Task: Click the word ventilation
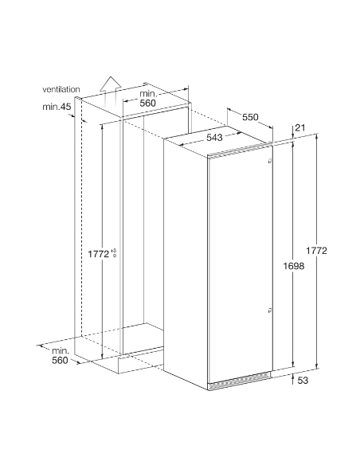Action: pos(61,89)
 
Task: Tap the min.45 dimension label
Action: pos(57,107)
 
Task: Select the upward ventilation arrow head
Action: pos(111,83)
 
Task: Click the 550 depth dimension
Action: pos(250,117)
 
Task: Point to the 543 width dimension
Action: pos(214,137)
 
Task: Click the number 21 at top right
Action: pos(300,128)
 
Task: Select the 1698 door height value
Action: pos(294,266)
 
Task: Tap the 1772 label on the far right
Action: pos(316,251)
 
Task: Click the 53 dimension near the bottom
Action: pos(303,380)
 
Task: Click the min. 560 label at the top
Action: pos(148,99)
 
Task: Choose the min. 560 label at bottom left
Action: pos(60,356)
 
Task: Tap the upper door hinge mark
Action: pos(269,161)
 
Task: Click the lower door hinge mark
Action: pos(269,311)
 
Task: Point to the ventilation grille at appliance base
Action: pos(240,382)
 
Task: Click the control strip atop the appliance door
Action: pos(240,152)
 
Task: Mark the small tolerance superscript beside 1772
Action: pos(114,253)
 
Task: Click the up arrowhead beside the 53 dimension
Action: pos(292,376)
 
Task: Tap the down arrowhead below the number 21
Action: pos(293,136)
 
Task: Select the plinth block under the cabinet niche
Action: pos(141,361)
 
